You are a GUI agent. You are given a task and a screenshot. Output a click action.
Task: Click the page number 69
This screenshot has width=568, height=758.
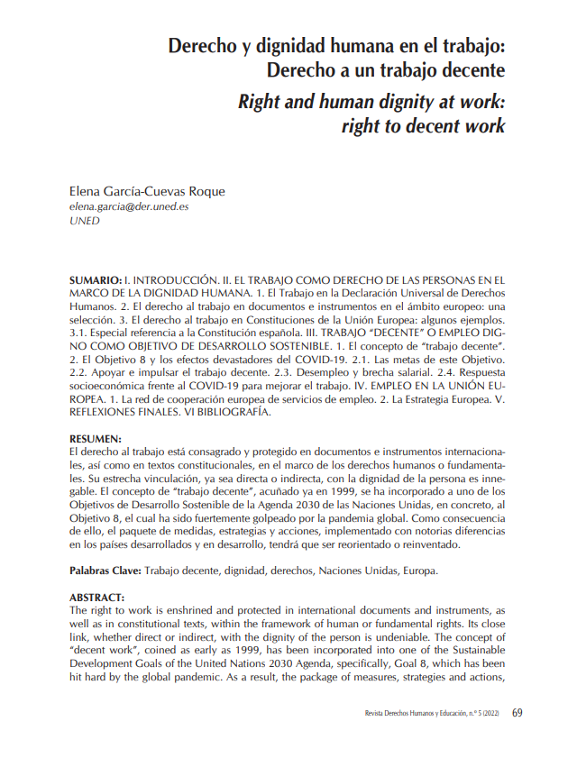518,712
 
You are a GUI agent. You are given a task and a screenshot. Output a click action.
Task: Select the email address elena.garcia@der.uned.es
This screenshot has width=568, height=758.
129,206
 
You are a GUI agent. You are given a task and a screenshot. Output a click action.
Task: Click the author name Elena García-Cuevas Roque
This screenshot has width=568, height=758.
147,191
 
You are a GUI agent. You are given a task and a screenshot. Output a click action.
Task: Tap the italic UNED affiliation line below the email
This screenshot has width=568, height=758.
85,220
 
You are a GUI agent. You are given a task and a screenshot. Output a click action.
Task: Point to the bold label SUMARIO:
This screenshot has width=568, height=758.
95,281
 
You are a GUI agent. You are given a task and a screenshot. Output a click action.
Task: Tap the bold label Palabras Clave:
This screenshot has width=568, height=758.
105,571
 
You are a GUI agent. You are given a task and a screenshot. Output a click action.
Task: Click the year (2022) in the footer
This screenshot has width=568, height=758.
490,713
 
